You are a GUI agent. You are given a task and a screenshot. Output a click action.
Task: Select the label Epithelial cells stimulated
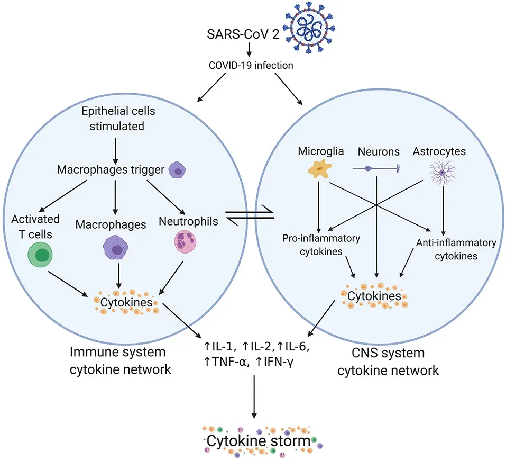click(114, 120)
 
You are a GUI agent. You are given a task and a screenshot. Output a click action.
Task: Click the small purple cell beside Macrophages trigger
click(178, 170)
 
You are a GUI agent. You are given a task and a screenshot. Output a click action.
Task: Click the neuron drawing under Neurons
click(378, 168)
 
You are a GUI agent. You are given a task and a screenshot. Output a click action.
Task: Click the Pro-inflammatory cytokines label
click(320, 244)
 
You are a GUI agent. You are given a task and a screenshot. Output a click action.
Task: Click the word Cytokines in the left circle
click(125, 302)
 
